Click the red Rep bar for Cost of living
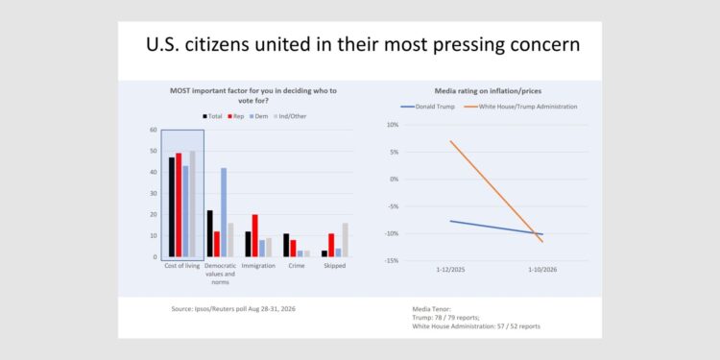(179, 204)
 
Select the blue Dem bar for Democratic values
(224, 212)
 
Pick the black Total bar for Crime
(286, 245)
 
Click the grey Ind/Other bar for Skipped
(346, 240)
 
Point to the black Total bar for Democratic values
(210, 233)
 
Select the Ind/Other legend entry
(290, 116)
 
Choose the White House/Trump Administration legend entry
(521, 107)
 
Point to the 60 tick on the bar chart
(154, 130)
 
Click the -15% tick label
(393, 261)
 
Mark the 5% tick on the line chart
(395, 152)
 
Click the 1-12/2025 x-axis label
(450, 270)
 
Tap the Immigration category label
(258, 266)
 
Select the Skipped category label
(335, 266)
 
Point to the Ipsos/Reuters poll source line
(233, 309)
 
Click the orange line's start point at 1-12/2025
(450, 141)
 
